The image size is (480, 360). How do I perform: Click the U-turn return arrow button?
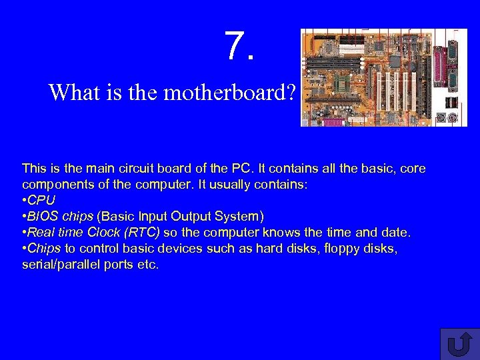[x=459, y=344]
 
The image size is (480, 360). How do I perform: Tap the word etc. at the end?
[x=148, y=264]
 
